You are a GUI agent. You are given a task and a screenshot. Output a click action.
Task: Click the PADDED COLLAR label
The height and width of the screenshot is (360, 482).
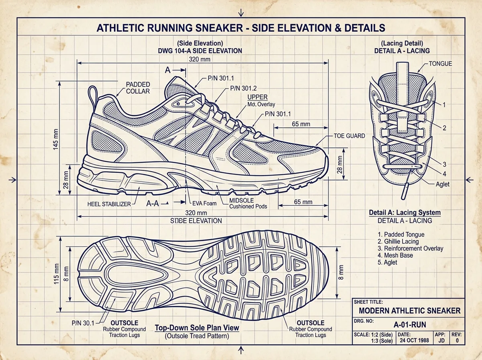[138, 88]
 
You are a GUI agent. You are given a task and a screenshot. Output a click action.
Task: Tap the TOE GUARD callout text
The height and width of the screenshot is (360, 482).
[349, 136]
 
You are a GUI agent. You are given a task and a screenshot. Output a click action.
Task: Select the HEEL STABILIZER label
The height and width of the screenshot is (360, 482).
[109, 204]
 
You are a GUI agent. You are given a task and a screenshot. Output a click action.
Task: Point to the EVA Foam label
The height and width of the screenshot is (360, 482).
[204, 203]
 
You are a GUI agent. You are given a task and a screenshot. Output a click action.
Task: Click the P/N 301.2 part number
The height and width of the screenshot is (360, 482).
[243, 88]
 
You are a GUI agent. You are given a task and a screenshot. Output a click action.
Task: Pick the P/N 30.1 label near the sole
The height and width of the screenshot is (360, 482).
[83, 323]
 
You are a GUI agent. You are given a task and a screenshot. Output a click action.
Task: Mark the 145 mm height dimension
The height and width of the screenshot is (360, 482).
[56, 139]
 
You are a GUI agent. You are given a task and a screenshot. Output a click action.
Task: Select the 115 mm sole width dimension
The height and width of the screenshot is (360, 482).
[57, 274]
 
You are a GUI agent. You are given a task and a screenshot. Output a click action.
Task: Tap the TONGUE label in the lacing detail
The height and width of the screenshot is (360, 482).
[441, 64]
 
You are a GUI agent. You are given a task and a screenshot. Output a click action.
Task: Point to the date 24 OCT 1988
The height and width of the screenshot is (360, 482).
[415, 340]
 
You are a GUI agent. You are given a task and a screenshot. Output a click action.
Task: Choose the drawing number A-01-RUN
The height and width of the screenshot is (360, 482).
[410, 324]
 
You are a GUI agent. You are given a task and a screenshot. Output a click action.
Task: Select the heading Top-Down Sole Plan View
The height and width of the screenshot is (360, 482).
[197, 328]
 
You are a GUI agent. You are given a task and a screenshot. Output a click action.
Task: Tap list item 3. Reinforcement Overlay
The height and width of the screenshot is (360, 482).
[411, 248]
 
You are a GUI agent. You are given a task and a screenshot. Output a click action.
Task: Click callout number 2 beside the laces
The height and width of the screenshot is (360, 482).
[445, 128]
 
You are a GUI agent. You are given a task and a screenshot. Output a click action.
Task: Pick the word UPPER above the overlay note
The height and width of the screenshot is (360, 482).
[257, 97]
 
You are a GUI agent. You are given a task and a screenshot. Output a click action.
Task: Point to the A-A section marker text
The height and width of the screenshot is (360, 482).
[152, 204]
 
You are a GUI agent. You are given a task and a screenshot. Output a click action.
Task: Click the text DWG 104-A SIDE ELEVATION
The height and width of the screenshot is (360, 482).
[200, 51]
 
